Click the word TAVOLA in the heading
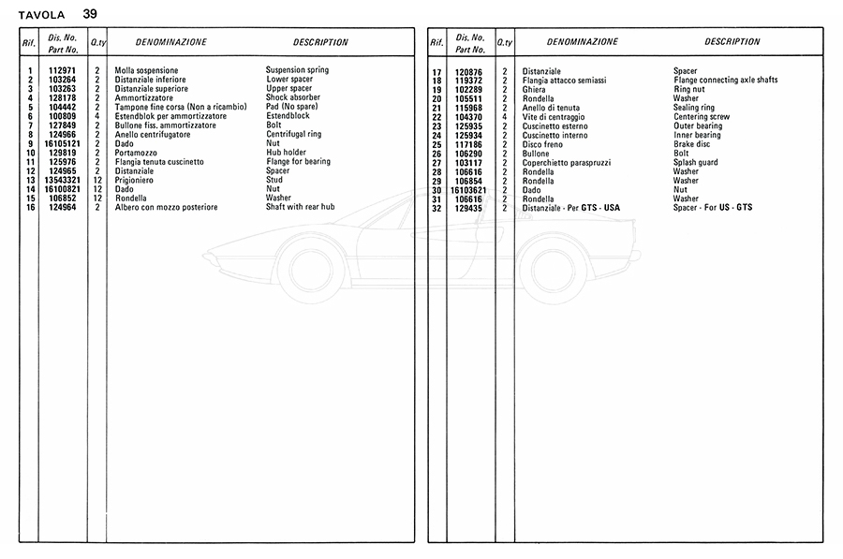[41, 14]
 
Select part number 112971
[62, 70]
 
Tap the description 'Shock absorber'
[293, 97]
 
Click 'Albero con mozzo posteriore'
[166, 207]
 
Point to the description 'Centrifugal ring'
[293, 134]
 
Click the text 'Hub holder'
[286, 153]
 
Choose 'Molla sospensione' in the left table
[146, 70]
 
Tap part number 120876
[468, 72]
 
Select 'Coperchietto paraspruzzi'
[568, 163]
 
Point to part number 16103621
[466, 190]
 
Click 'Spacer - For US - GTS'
[713, 208]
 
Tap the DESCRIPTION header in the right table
[732, 42]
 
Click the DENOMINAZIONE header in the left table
[171, 42]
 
